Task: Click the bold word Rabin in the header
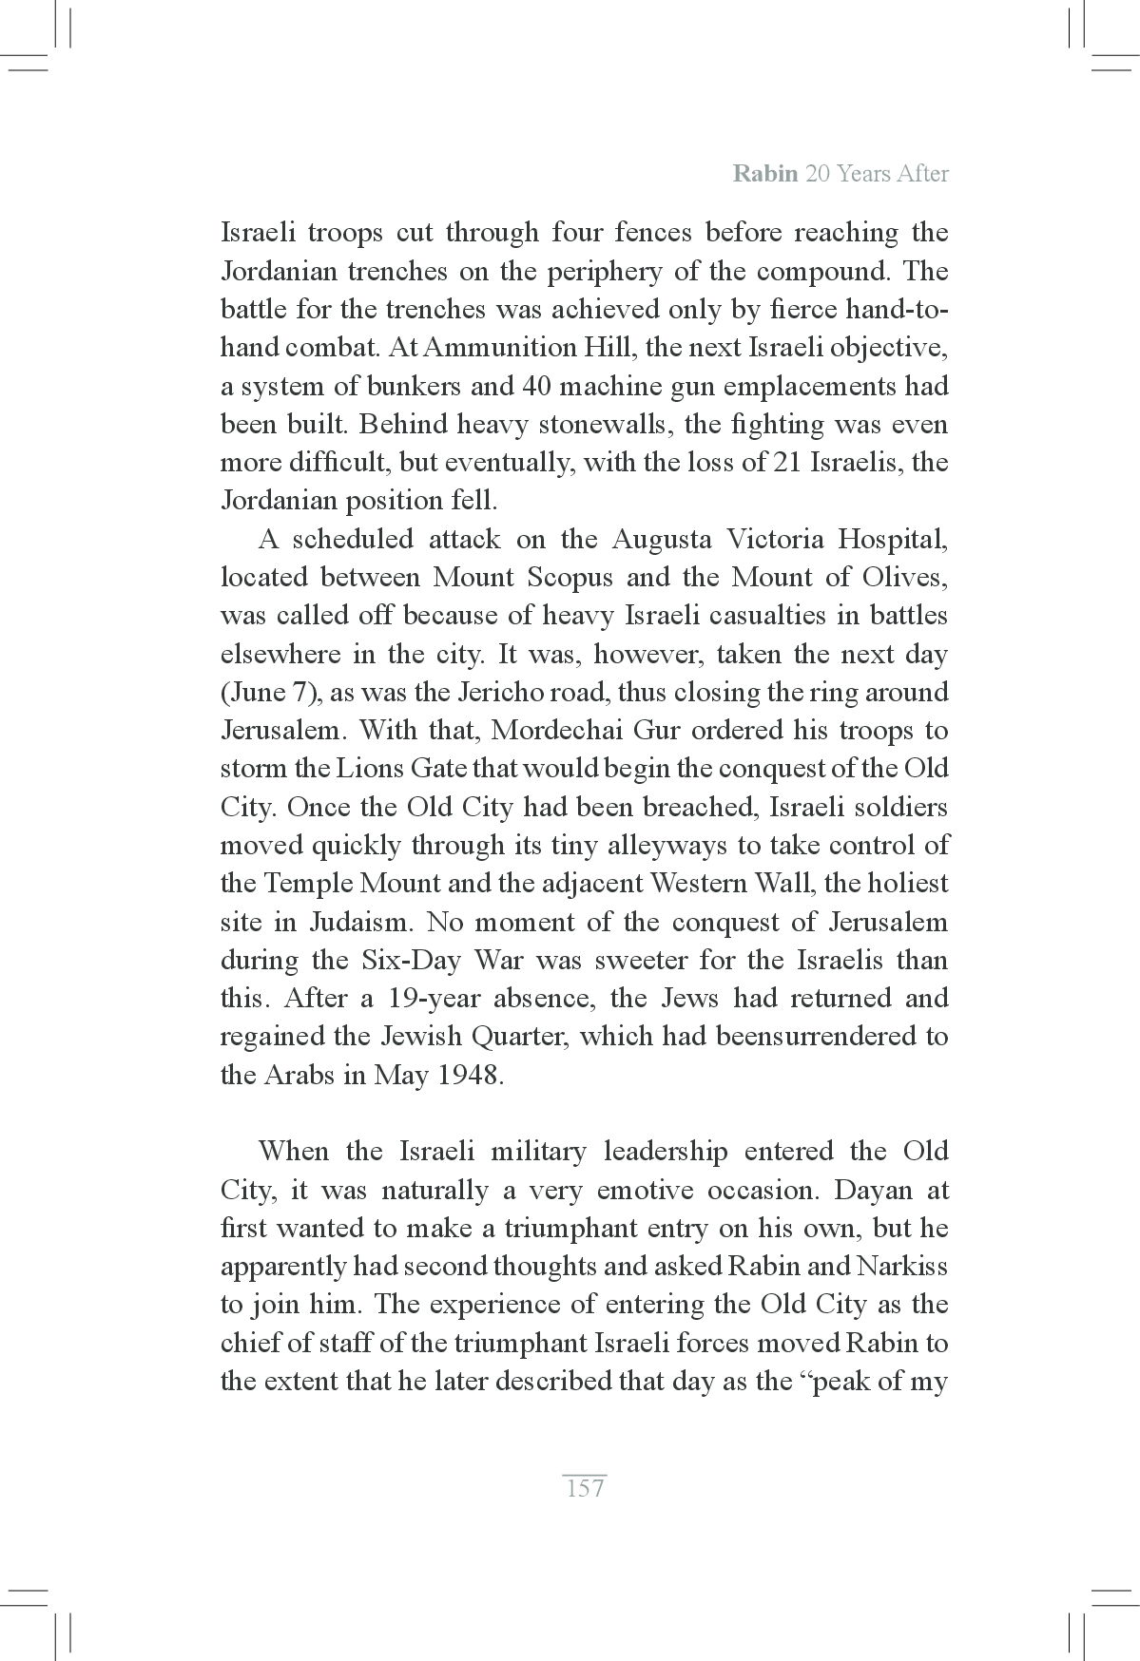coord(765,174)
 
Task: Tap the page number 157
coord(585,1488)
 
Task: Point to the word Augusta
coord(661,540)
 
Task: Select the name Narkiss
coord(901,1267)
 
